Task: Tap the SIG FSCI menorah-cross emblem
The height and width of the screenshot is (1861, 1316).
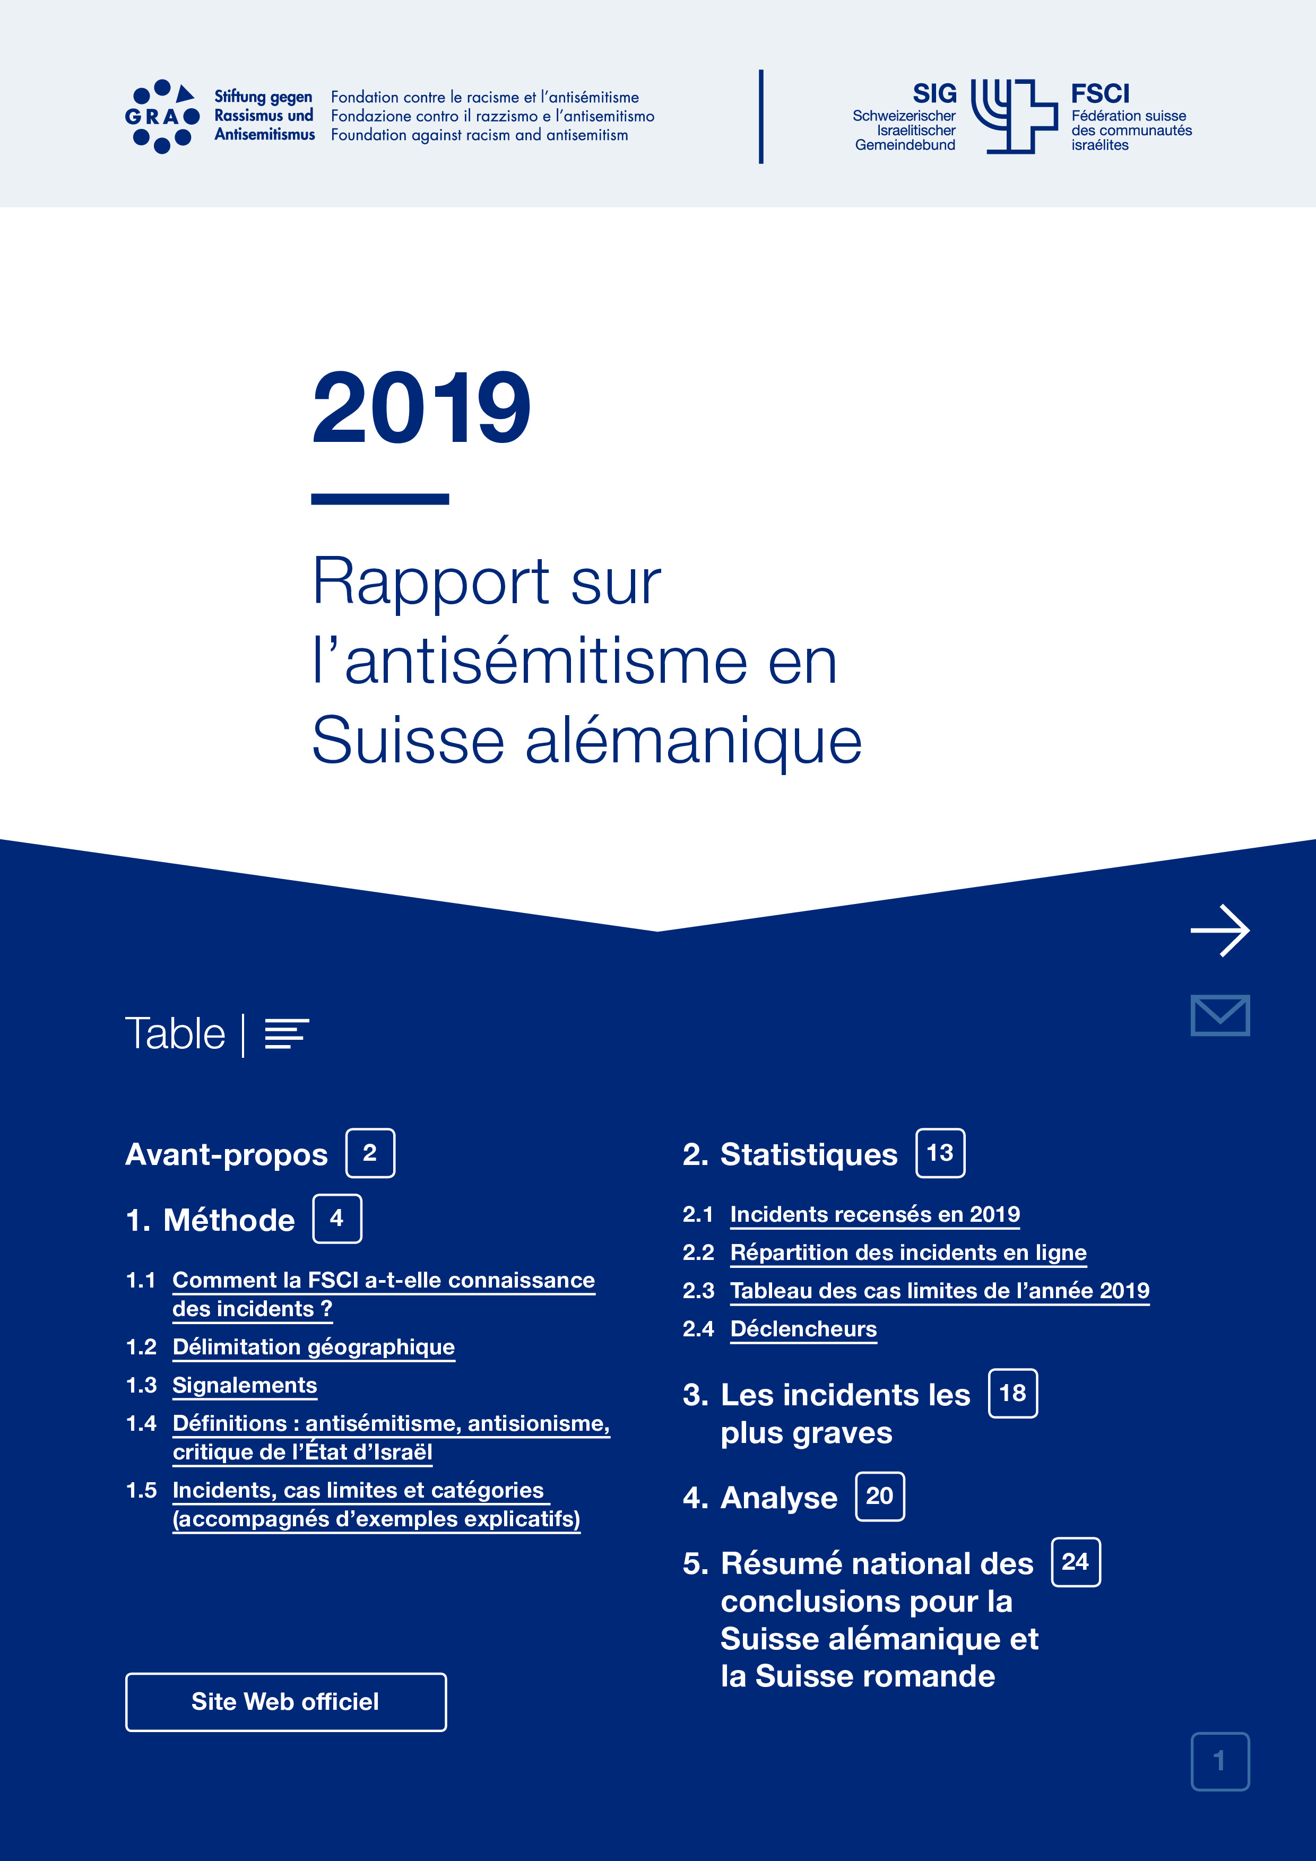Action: coord(1014,116)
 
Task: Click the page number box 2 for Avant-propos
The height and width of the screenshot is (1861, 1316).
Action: coord(370,1153)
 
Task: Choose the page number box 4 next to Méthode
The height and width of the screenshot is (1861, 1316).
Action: coord(336,1218)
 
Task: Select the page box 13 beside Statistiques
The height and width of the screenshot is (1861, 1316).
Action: coord(940,1153)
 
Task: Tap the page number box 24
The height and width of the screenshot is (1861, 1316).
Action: coord(1075,1562)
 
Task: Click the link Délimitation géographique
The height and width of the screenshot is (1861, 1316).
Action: coord(313,1347)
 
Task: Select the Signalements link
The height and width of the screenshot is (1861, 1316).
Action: coord(244,1385)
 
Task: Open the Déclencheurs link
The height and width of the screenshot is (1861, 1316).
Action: coord(803,1329)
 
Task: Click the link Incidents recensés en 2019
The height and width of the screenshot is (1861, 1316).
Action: coord(874,1214)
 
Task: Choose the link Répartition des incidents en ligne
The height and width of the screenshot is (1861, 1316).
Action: coord(907,1253)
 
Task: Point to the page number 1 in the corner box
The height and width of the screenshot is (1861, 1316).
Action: coord(1219,1761)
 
